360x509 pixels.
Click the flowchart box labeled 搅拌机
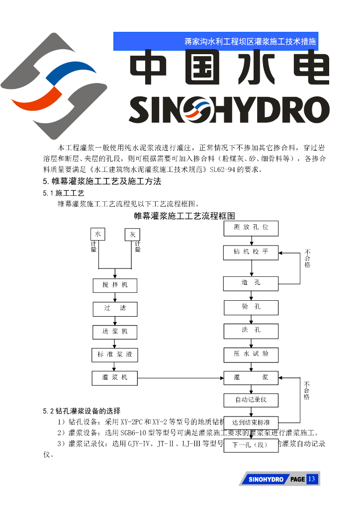pos(115,285)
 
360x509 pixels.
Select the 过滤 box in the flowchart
pos(115,309)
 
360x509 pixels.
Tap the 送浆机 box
pos(115,332)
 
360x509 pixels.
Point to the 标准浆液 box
pos(115,355)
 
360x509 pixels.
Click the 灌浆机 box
pos(115,378)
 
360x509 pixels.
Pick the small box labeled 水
pos(98,234)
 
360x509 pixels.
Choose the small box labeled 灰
pos(132,235)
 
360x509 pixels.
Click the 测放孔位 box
pos(251,228)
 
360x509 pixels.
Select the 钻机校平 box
pos(251,253)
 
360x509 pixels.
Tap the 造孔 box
pos(251,283)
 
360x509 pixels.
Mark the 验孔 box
pos(251,307)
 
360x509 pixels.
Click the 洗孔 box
pos(251,331)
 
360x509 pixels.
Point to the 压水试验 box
pos(251,354)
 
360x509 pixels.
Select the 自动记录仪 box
pos(251,400)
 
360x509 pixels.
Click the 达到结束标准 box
pos(251,423)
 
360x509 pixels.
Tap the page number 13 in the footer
pos(312,479)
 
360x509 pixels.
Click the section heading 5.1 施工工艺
pos(64,193)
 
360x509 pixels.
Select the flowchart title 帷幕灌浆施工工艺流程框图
pos(184,216)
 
